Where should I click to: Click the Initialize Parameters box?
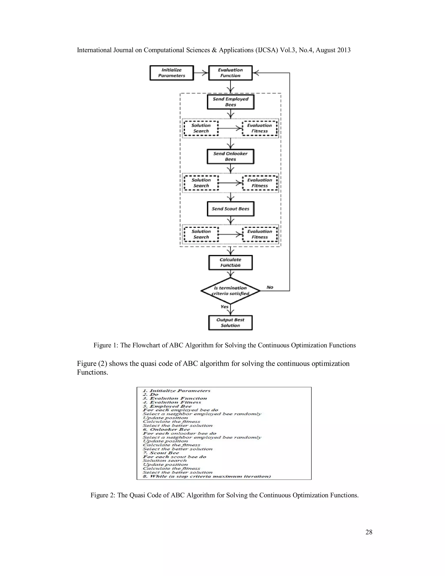pyautogui.click(x=172, y=73)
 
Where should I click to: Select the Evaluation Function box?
pyautogui.click(x=230, y=73)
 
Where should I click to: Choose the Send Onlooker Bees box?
pyautogui.click(x=230, y=156)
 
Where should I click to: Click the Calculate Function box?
pyautogui.click(x=230, y=262)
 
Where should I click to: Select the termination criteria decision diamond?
pyautogui.click(x=230, y=291)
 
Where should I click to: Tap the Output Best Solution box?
pyautogui.click(x=230, y=323)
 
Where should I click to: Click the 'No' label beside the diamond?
pyautogui.click(x=270, y=287)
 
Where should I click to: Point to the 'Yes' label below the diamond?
pyautogui.click(x=224, y=307)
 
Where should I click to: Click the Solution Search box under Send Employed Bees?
pyautogui.click(x=201, y=128)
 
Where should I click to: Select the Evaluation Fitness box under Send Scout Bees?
pyautogui.click(x=260, y=234)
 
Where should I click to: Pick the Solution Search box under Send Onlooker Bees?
pyautogui.click(x=201, y=183)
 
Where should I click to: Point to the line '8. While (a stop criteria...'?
pyautogui.click(x=207, y=476)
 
